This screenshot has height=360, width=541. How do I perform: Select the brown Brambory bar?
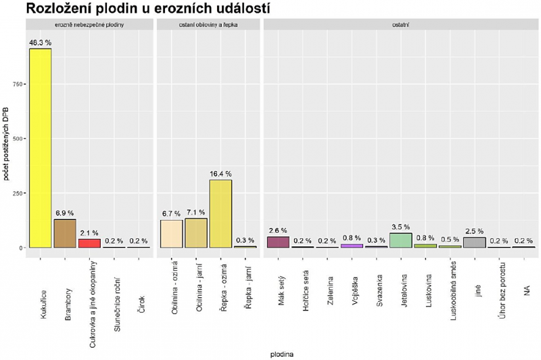(x=65, y=233)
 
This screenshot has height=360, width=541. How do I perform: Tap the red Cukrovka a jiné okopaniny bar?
(x=89, y=243)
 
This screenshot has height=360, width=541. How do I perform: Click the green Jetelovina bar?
(x=400, y=240)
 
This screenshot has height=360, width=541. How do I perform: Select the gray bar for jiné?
(x=474, y=242)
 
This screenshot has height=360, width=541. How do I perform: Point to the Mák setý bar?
(x=278, y=242)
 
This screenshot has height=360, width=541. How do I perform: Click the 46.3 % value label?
(x=40, y=42)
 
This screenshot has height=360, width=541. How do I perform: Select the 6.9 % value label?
(x=65, y=213)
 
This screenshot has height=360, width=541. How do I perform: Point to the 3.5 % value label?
(x=400, y=227)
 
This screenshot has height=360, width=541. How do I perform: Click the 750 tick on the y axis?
(x=16, y=84)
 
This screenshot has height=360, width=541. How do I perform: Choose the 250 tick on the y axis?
(x=16, y=193)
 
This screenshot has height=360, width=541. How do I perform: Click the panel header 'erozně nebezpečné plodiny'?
(x=89, y=25)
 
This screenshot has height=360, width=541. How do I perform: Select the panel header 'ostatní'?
(x=400, y=25)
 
